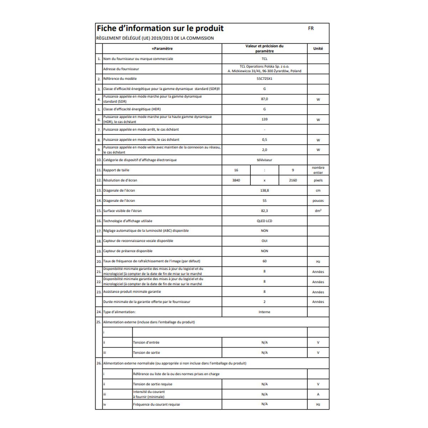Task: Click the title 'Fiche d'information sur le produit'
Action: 160,29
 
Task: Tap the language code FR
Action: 311,29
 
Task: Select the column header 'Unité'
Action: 318,49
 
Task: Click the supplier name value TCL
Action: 264,59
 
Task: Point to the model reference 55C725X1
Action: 264,79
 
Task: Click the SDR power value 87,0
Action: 264,99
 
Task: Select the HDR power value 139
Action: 264,119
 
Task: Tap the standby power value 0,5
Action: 264,140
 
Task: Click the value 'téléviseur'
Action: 264,160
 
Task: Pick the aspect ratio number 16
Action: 236,170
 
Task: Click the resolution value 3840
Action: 236,180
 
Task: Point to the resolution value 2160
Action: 293,180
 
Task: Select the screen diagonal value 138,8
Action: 264,190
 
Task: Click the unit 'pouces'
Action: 318,201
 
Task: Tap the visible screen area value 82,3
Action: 264,211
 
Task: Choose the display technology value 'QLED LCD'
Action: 264,221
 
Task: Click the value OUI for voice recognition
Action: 264,241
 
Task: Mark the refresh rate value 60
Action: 264,261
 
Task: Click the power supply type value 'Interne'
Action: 264,312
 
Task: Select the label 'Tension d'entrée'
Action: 146,342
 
